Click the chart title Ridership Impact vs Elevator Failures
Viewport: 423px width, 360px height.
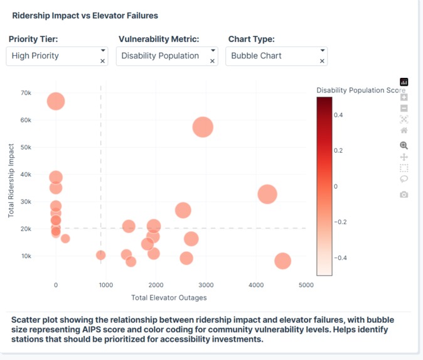pyautogui.click(x=85, y=15)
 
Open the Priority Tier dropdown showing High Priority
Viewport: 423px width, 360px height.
pyautogui.click(x=53, y=56)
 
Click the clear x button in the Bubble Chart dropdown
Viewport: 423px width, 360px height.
pyautogui.click(x=323, y=61)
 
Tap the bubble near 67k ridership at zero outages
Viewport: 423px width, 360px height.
pyautogui.click(x=56, y=101)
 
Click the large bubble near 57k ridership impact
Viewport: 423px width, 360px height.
pyautogui.click(x=203, y=127)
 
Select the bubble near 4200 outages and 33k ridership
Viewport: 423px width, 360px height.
pyautogui.click(x=267, y=194)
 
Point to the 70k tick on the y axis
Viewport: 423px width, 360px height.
pyautogui.click(x=26, y=92)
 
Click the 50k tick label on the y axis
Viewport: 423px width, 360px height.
pyautogui.click(x=26, y=147)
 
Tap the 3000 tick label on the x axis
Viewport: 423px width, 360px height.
pyautogui.click(x=206, y=285)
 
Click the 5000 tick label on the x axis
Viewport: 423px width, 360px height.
pyautogui.click(x=306, y=285)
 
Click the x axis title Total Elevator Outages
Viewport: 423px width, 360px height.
pyautogui.click(x=169, y=297)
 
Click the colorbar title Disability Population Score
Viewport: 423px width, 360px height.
pyautogui.click(x=360, y=90)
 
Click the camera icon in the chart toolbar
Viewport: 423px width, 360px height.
pyautogui.click(x=404, y=194)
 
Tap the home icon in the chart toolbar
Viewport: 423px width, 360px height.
pyautogui.click(x=404, y=130)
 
